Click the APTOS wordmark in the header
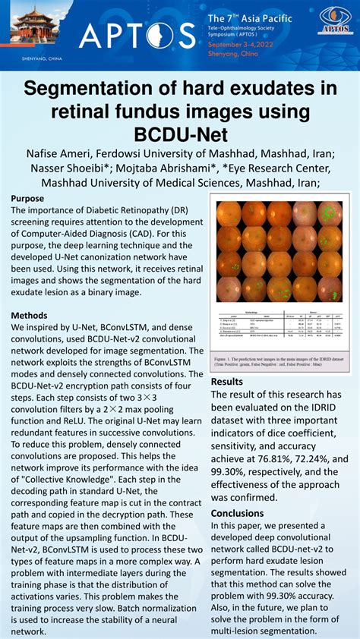coord(137,35)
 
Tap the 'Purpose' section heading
coord(27,199)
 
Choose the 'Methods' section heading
coord(30,316)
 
